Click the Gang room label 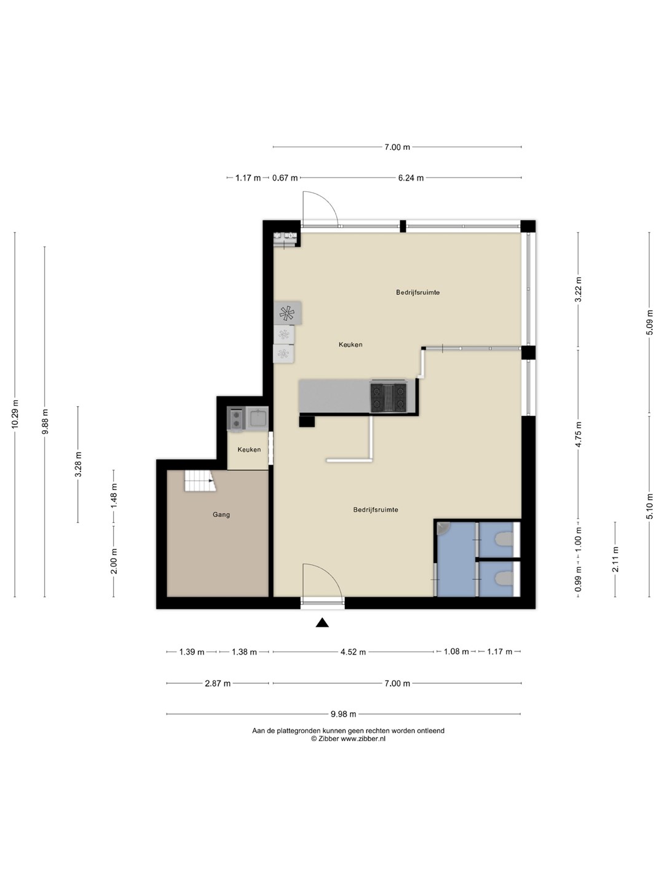(x=221, y=514)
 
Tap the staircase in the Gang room (x=200, y=481)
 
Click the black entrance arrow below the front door (x=322, y=623)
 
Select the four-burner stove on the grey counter (x=388, y=397)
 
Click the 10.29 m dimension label (x=15, y=414)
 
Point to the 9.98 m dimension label (x=344, y=714)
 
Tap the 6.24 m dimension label (x=411, y=178)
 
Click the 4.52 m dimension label (x=353, y=652)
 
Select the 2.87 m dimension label (x=218, y=683)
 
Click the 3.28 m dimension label (x=78, y=465)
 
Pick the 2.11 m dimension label (x=615, y=559)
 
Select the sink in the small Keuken (x=257, y=418)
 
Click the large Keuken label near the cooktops (x=350, y=345)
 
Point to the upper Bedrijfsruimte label (x=417, y=293)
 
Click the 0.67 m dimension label (x=285, y=178)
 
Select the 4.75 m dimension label (x=579, y=435)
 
